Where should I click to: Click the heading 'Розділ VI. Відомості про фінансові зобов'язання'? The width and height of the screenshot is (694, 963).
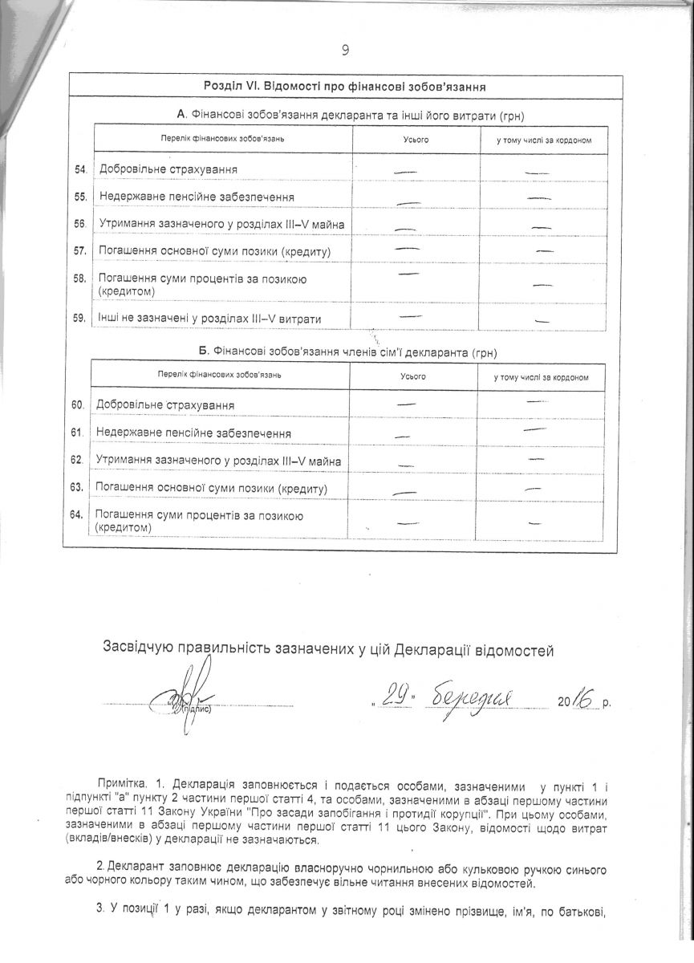click(x=347, y=87)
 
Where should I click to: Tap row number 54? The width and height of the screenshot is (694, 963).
click(x=79, y=169)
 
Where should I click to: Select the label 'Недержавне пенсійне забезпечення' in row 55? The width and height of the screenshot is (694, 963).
click(x=196, y=197)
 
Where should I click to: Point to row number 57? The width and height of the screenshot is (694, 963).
click(x=79, y=251)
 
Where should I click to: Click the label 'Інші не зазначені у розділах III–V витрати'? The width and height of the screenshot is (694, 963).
click(x=209, y=319)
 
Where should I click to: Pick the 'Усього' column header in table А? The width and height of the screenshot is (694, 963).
click(x=415, y=140)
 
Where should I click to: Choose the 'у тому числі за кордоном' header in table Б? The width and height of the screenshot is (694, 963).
click(x=543, y=377)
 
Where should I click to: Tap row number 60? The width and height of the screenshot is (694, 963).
click(x=78, y=405)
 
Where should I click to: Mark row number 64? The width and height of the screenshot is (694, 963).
click(x=78, y=514)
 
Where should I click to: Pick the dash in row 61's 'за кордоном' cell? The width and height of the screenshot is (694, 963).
click(x=534, y=430)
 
